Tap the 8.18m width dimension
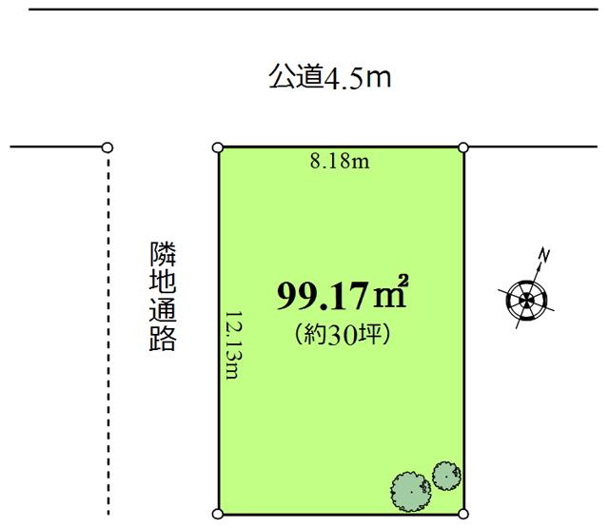(340, 162)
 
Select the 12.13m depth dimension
(231, 343)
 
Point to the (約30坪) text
(343, 334)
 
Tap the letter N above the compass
(545, 255)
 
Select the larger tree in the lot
(410, 490)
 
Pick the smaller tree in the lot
(446, 474)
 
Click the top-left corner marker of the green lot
(218, 147)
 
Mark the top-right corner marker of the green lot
(463, 147)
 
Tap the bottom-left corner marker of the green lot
(218, 515)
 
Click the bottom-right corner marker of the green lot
(463, 515)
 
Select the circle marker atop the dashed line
(108, 147)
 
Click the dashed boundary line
(108, 333)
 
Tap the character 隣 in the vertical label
(163, 254)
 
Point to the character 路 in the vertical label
(163, 339)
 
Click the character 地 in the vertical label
(163, 283)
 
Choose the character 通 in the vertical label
(163, 311)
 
